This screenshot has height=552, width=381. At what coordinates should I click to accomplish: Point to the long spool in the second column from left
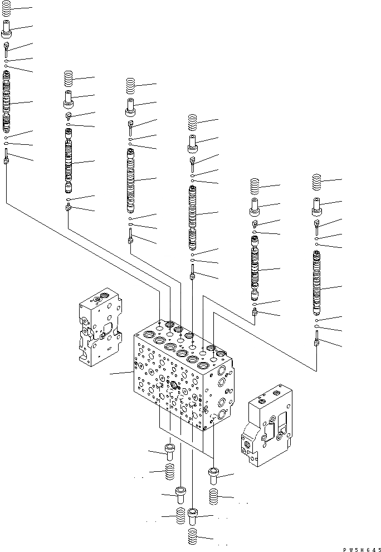[69, 162]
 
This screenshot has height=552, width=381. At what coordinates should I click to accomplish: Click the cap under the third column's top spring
[131, 104]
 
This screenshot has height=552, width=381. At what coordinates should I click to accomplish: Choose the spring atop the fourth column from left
[193, 121]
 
